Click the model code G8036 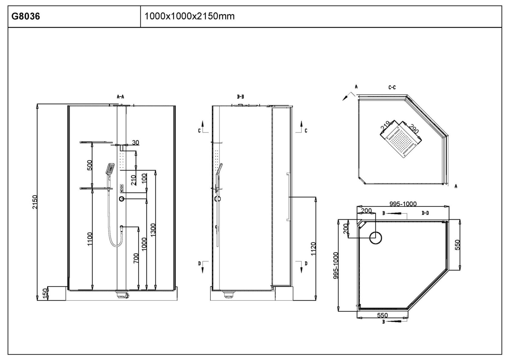click(26, 16)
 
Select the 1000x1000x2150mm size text click(189, 16)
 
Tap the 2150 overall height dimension click(35, 202)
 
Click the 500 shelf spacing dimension click(90, 165)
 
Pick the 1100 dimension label click(90, 239)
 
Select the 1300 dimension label click(153, 230)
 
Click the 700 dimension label click(136, 258)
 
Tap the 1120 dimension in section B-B click(313, 249)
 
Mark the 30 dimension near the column click(135, 142)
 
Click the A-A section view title click(121, 97)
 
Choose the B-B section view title click(240, 97)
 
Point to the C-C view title click(392, 87)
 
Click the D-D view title click(425, 213)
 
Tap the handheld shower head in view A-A click(110, 169)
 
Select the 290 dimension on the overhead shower click(413, 129)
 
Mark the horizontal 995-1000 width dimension click(403, 204)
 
